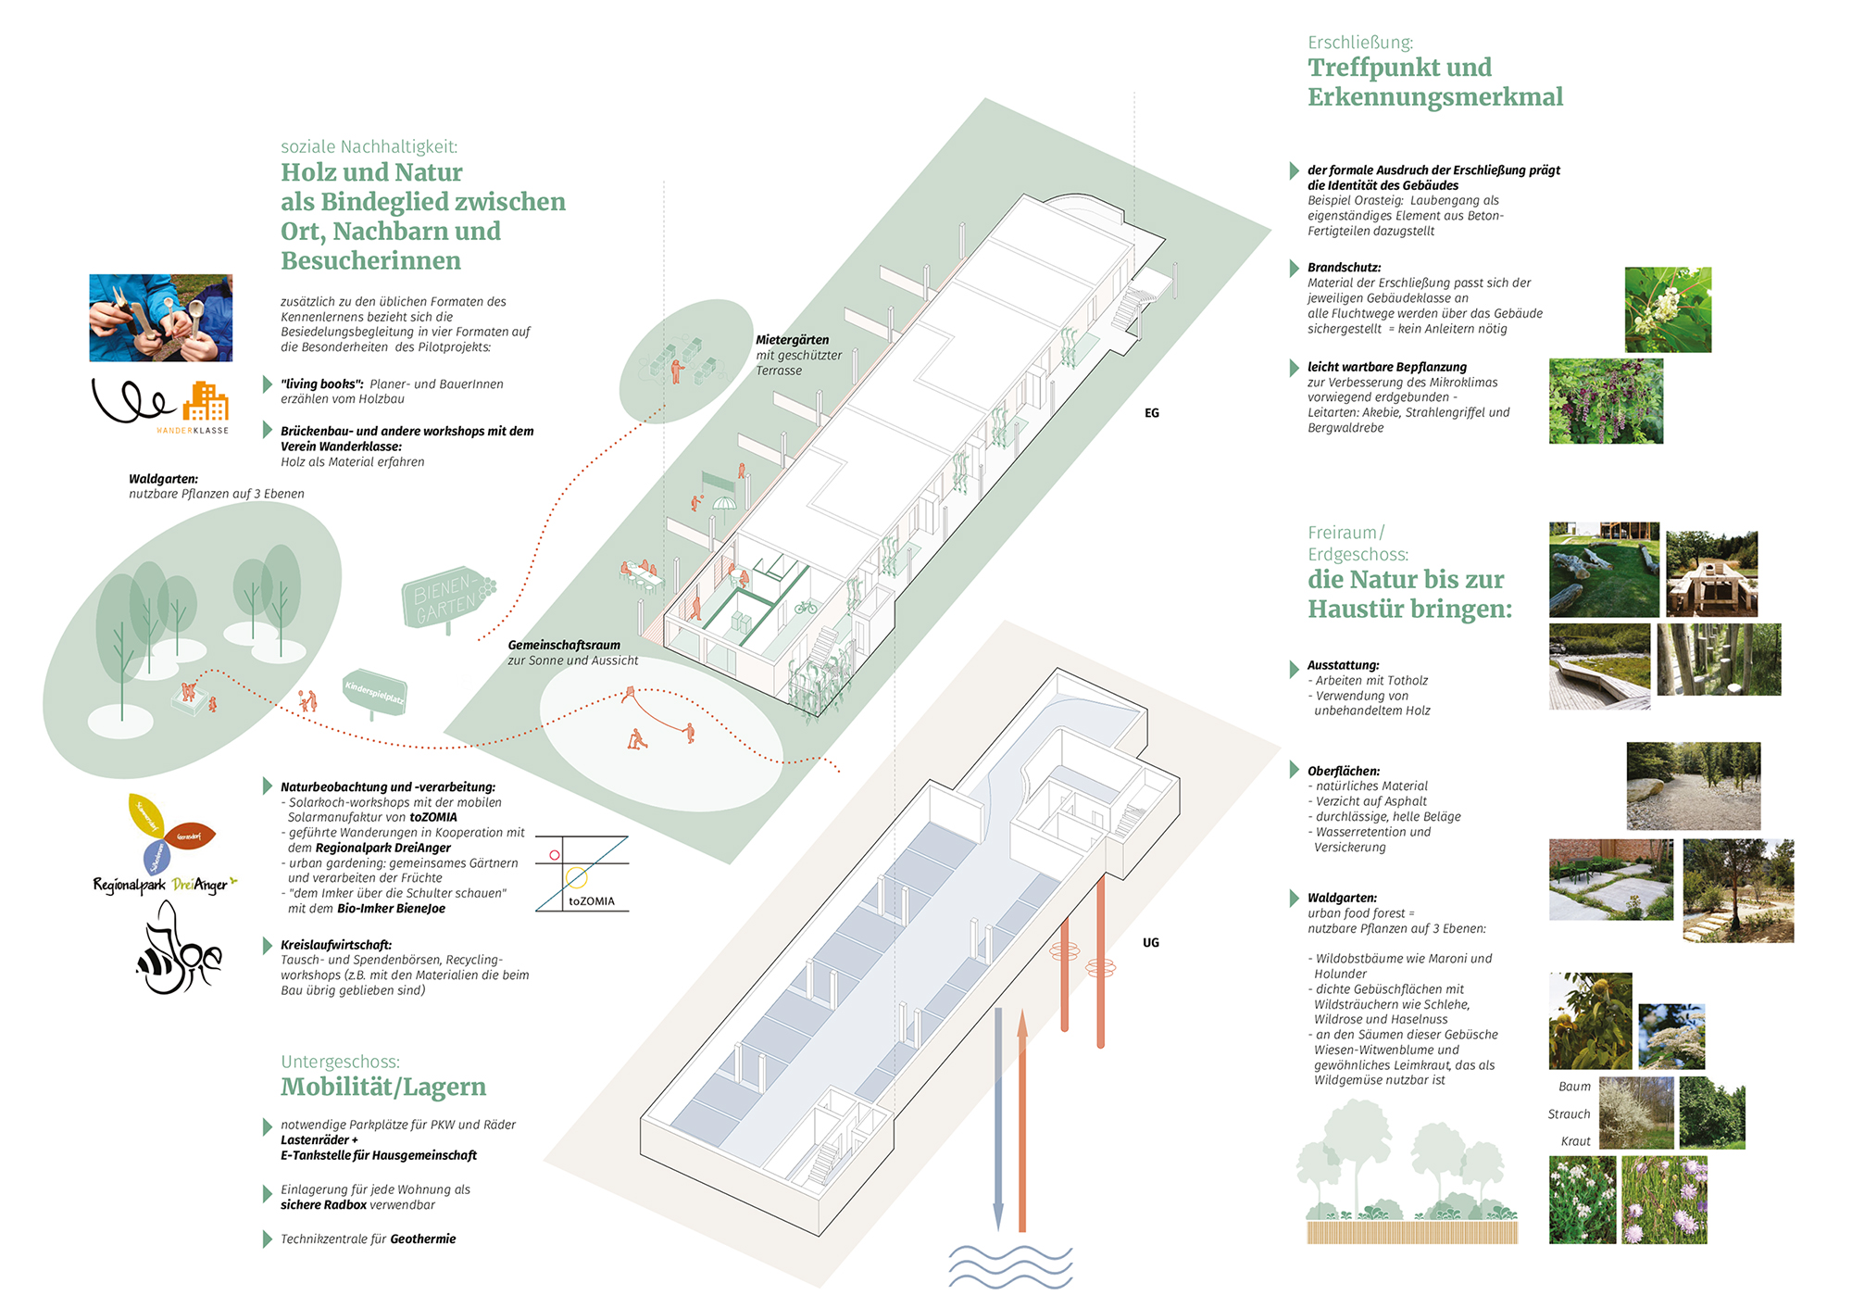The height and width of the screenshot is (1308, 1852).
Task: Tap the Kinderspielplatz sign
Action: tap(374, 691)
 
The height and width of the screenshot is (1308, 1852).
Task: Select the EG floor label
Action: tap(1151, 413)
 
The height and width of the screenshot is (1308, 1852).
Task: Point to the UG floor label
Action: tap(1150, 942)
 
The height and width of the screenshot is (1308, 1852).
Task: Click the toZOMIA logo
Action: tap(582, 874)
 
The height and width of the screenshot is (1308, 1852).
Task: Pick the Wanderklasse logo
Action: tap(160, 404)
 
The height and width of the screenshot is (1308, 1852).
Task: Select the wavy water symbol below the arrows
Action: tap(1009, 1266)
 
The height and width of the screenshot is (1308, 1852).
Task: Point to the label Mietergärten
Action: tap(792, 340)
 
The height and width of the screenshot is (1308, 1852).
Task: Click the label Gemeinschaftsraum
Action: tap(563, 645)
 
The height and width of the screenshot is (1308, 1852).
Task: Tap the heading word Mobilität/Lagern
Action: tap(383, 1087)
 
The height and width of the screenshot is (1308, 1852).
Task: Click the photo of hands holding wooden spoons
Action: tap(160, 318)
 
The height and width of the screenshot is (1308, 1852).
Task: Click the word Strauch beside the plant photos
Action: tap(1569, 1114)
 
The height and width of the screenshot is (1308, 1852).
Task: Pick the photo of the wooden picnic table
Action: tap(1711, 574)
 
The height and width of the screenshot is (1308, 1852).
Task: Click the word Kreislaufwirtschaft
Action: tap(336, 945)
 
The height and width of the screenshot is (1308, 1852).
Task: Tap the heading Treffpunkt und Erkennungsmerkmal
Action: tap(1434, 82)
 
